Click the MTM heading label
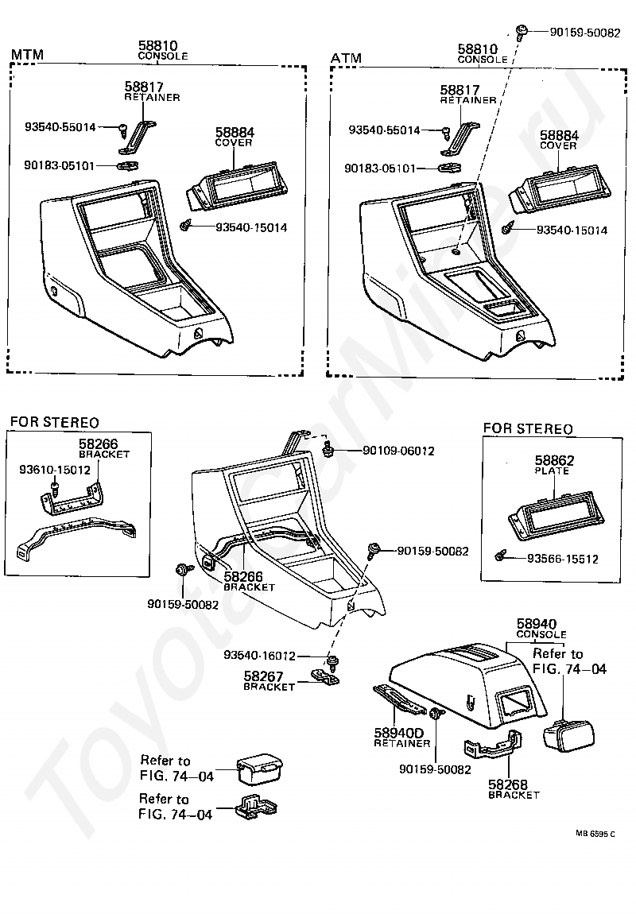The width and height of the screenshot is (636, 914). coord(26,55)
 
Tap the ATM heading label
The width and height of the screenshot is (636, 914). coord(346,58)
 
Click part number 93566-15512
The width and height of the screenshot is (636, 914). coord(563,559)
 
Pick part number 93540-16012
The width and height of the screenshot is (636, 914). coord(259,656)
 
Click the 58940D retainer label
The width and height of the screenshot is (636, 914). coord(401,732)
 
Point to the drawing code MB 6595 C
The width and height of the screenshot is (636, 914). coord(595,834)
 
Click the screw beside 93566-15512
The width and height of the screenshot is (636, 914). coord(500,555)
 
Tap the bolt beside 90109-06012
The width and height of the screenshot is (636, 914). coord(327,451)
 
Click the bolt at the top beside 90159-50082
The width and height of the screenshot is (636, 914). coord(521,32)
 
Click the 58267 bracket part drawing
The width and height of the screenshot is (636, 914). coord(324,676)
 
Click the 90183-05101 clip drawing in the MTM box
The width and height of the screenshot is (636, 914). coord(127,166)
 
